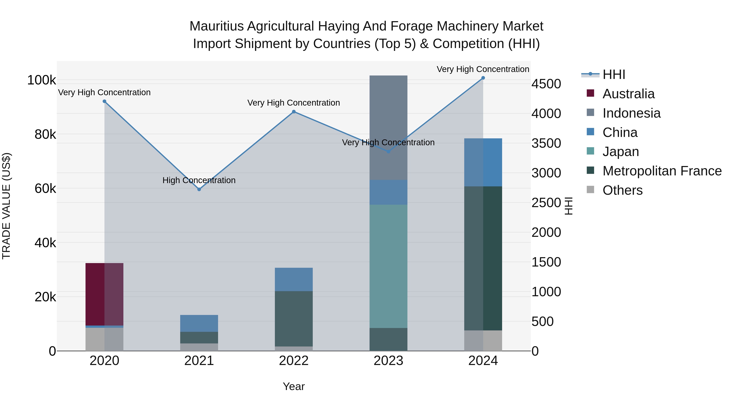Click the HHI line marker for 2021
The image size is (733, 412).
click(x=199, y=189)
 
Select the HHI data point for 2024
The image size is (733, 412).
click(x=483, y=78)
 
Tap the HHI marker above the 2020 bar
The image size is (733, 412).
click(x=104, y=102)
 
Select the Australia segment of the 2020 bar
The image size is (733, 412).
click(x=104, y=294)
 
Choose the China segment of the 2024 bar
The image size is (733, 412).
click(x=483, y=162)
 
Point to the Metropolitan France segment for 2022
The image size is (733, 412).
click(x=294, y=318)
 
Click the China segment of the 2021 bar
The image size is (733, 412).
click(x=199, y=323)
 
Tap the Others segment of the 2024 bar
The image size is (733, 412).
click(x=483, y=340)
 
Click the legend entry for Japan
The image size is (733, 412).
click(x=621, y=152)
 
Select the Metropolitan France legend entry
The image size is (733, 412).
click(x=662, y=171)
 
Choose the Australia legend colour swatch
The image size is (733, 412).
click(x=590, y=93)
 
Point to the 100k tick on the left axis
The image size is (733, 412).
click(x=42, y=80)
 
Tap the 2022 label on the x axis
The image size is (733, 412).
click(x=294, y=361)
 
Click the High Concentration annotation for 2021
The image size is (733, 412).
click(x=199, y=180)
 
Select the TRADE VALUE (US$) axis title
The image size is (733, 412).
click(x=6, y=206)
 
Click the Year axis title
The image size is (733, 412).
click(x=294, y=386)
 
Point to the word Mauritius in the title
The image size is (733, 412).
click(x=217, y=26)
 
